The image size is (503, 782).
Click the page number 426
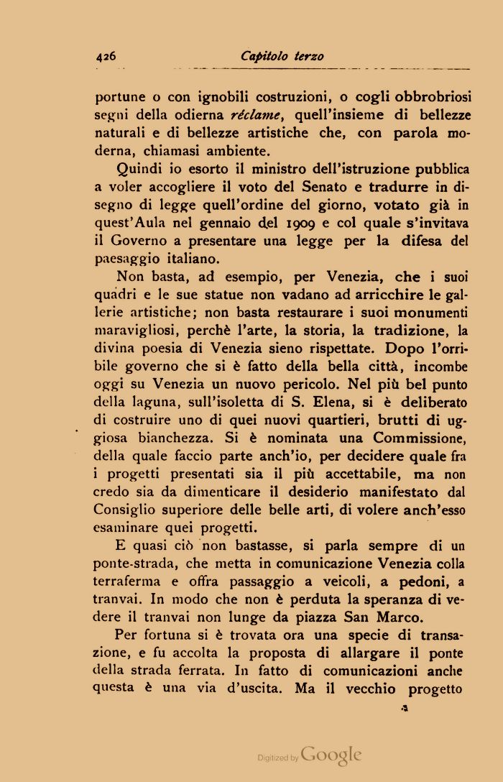coord(105,56)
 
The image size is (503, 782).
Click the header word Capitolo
coord(264,56)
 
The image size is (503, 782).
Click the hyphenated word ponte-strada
coord(127,563)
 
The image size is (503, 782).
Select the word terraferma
coord(128,581)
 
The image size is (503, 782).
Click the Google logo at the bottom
coord(331,755)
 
